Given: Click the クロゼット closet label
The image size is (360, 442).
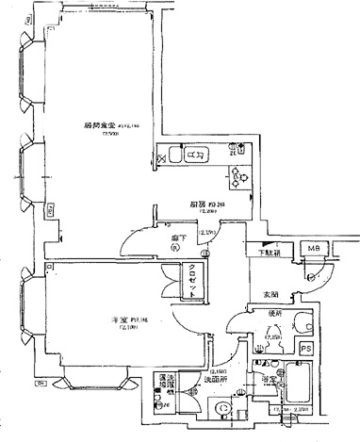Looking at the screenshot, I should click(195, 279).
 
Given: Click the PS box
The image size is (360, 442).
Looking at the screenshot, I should click(306, 350).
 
